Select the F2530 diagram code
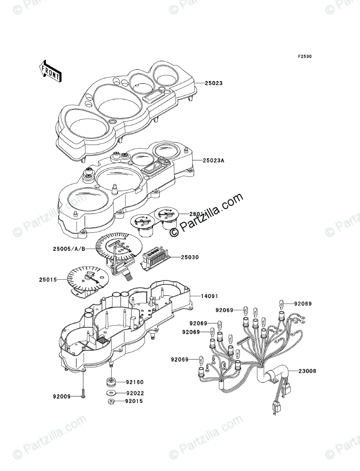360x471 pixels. coord(305,57)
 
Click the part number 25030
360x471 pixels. coord(190,258)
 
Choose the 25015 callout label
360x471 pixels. coord(47,280)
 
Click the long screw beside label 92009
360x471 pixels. coord(84,388)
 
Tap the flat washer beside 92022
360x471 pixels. coord(111,393)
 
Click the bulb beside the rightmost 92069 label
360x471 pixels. coord(282,303)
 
